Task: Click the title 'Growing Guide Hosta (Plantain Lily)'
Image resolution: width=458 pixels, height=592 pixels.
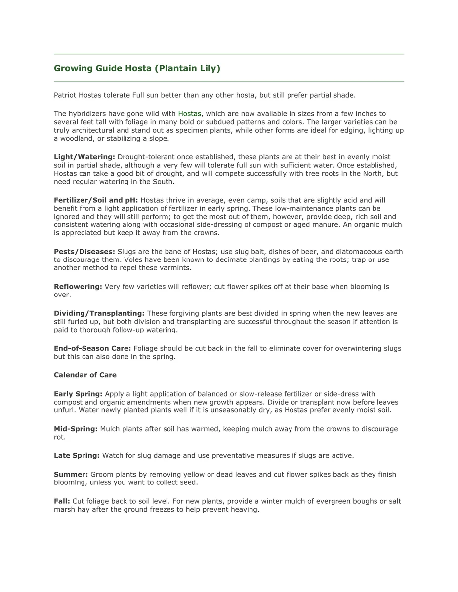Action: pyautogui.click(x=137, y=68)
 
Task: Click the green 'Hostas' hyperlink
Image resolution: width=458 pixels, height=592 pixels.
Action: pyautogui.click(x=190, y=114)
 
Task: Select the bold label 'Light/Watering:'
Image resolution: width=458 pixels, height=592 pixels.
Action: pyautogui.click(x=84, y=157)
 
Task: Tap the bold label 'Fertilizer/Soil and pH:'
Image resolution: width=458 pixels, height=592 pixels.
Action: pyautogui.click(x=96, y=200)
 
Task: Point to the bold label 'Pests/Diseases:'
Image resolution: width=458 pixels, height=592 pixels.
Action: pyautogui.click(x=84, y=252)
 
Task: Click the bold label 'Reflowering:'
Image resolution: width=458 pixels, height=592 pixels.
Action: pyautogui.click(x=78, y=287)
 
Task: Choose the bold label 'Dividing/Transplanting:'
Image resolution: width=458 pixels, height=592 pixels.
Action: pyautogui.click(x=99, y=313)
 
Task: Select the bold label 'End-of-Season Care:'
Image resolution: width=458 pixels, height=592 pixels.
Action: pyautogui.click(x=92, y=348)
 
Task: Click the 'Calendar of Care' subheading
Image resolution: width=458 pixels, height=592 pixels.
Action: pyautogui.click(x=85, y=375)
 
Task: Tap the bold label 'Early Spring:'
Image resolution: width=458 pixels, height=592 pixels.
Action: pyautogui.click(x=78, y=394)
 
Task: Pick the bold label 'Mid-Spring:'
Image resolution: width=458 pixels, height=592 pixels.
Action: pyautogui.click(x=76, y=429)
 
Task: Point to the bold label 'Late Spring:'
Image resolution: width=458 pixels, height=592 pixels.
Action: pyautogui.click(x=77, y=456)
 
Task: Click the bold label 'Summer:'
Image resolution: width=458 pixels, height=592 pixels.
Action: pyautogui.click(x=71, y=475)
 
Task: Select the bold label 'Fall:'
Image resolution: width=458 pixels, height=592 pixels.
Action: pyautogui.click(x=62, y=501)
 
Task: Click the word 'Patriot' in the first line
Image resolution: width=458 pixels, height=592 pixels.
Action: pyautogui.click(x=65, y=95)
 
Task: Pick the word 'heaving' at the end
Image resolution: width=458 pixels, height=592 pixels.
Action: pyautogui.click(x=245, y=509)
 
